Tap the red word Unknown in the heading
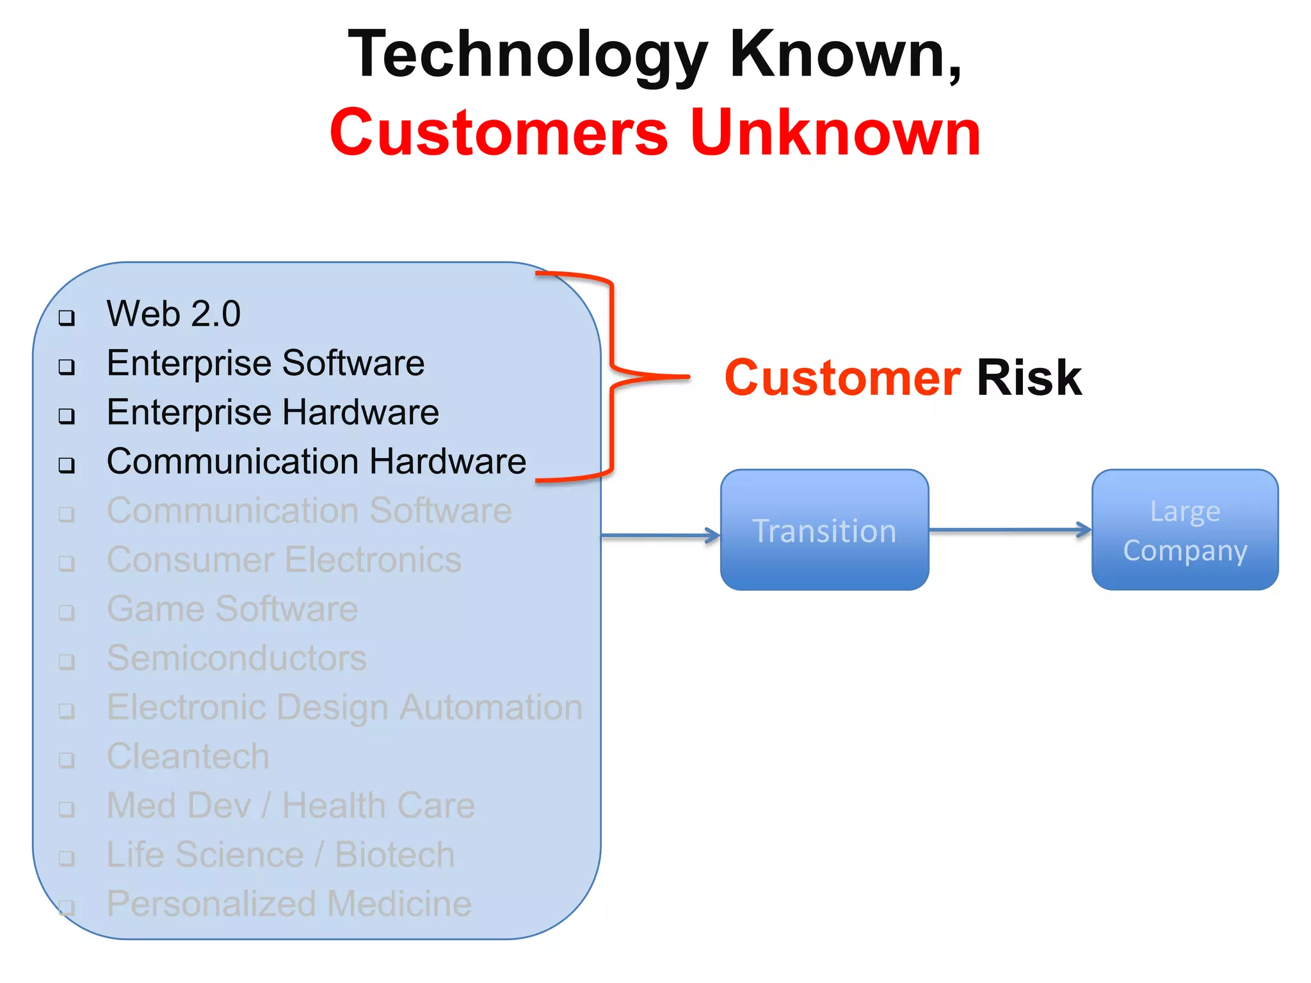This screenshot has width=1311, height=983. (835, 133)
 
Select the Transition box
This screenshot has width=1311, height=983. (824, 531)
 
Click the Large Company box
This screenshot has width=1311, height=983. (1185, 531)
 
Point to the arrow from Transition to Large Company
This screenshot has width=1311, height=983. (1009, 530)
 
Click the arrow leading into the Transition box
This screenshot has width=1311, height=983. (659, 536)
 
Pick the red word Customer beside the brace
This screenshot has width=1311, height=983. (842, 378)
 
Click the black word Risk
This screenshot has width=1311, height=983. (1029, 378)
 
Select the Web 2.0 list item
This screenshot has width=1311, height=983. (173, 314)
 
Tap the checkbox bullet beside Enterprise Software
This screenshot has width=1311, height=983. (67, 367)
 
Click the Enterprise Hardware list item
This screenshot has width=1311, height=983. (273, 412)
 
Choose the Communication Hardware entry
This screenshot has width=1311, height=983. (316, 461)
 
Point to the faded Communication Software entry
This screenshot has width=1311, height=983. (309, 511)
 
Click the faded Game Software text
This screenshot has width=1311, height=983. (232, 609)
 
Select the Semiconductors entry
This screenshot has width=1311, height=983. (237, 658)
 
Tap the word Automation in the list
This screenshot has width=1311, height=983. (491, 707)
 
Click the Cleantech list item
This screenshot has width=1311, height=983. (188, 756)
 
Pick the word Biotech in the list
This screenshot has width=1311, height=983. (394, 855)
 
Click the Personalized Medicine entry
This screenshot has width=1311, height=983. (289, 904)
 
